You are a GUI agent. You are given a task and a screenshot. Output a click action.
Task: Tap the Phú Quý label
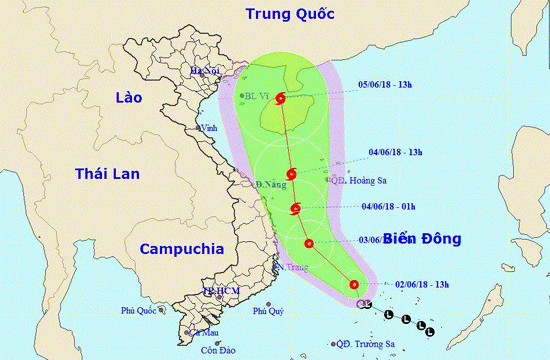click(268, 310)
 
